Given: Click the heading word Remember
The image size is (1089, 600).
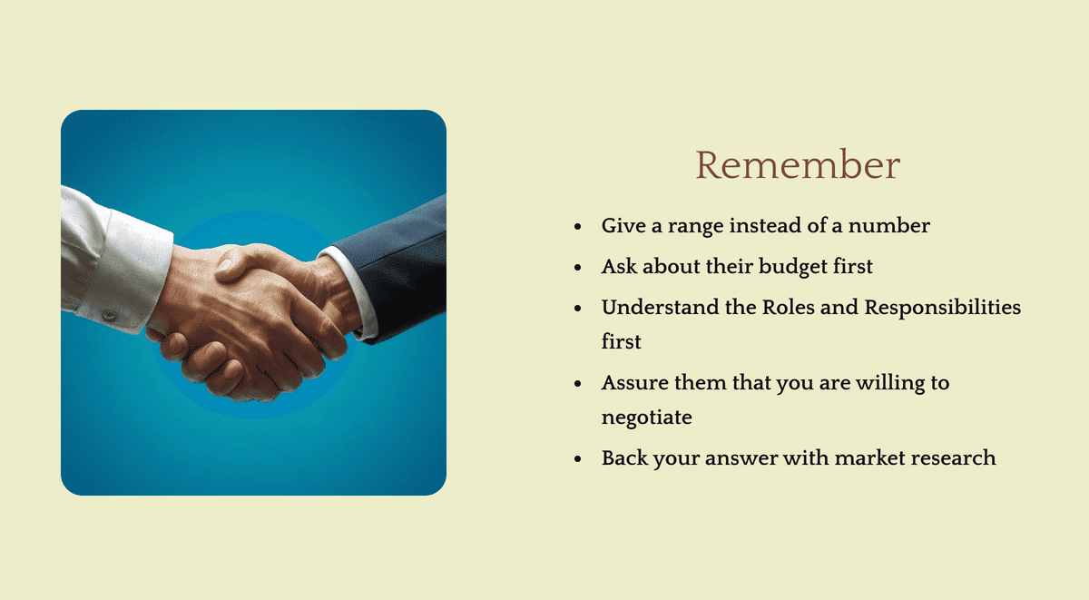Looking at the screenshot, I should (797, 165).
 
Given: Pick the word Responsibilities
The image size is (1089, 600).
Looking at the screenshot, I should (942, 308).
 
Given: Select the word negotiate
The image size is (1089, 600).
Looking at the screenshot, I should (646, 418).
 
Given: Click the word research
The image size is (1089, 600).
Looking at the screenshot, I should (958, 457).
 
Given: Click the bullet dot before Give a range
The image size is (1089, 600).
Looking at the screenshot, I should (578, 227).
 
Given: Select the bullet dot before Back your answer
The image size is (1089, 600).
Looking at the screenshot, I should (578, 459).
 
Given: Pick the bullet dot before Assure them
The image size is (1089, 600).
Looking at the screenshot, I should (578, 384).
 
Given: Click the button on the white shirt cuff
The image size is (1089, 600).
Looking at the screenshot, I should (109, 315).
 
